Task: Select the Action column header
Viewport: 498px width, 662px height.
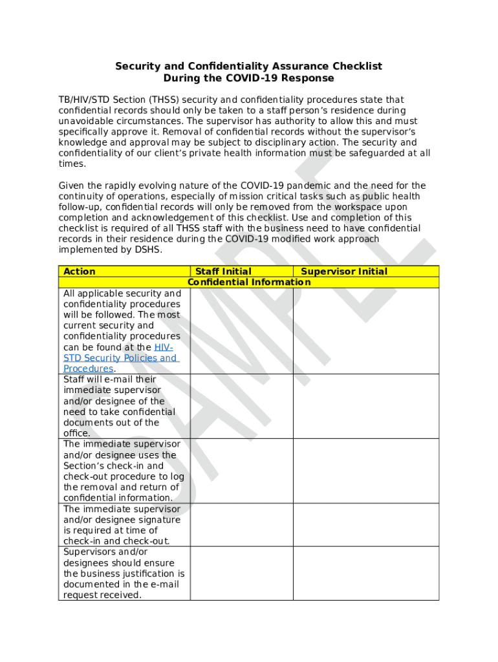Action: coord(80,272)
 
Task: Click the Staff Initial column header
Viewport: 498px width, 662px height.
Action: coord(223,272)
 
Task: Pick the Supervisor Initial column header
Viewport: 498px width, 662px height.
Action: coord(344,272)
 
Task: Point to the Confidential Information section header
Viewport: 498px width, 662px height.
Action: coord(249,283)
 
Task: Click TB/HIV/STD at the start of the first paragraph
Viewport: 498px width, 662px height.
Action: coord(84,100)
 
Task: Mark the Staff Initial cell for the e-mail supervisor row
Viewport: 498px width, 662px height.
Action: coord(241,406)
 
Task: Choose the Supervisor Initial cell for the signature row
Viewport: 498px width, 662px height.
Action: coord(365,525)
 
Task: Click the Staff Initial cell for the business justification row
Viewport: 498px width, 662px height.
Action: coord(241,573)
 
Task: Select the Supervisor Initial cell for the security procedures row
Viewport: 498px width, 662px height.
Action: coord(365,330)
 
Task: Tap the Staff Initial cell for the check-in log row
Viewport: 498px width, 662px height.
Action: coord(241,471)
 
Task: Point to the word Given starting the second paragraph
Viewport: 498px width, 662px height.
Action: coord(72,186)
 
